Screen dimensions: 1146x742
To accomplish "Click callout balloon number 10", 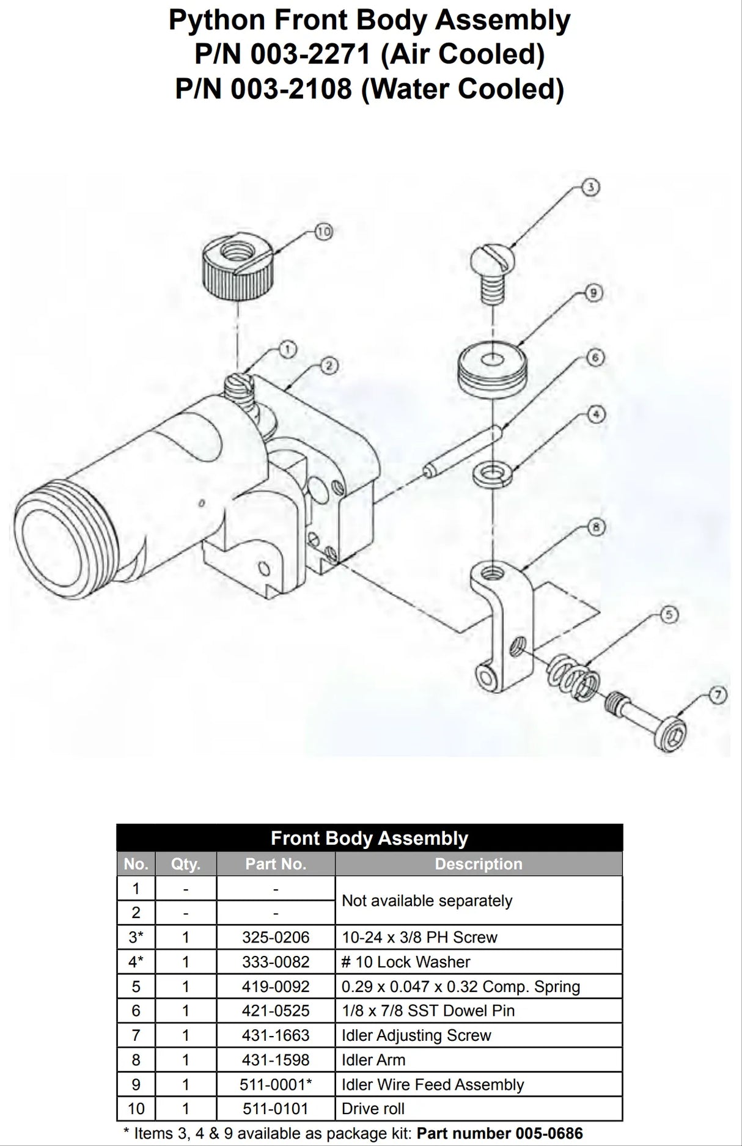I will [x=324, y=232].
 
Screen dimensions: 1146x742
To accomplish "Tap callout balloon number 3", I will [x=590, y=187].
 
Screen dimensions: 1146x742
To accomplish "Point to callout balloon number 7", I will [x=718, y=694].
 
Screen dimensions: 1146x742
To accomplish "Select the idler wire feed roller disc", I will [x=491, y=369].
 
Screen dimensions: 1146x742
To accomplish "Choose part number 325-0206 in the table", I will [x=276, y=937].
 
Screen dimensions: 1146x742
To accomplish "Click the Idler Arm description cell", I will [x=373, y=1060].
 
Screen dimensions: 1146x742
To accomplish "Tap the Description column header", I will [x=479, y=864].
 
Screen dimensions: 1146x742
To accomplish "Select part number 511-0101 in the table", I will [x=276, y=1109].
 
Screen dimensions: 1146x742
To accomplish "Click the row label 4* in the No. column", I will [x=136, y=961].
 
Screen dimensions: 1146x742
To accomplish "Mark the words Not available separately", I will [x=427, y=900].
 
